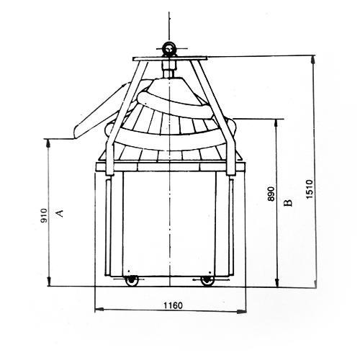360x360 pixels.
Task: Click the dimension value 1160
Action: click(173, 305)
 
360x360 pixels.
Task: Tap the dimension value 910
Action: click(45, 215)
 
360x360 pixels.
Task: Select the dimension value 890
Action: click(271, 194)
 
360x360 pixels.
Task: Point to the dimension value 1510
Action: click(310, 189)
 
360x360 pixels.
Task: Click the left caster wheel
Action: click(131, 281)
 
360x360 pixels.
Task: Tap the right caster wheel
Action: click(207, 281)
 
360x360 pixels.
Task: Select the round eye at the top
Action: click(169, 49)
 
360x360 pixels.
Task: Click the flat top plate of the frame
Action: click(170, 59)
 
